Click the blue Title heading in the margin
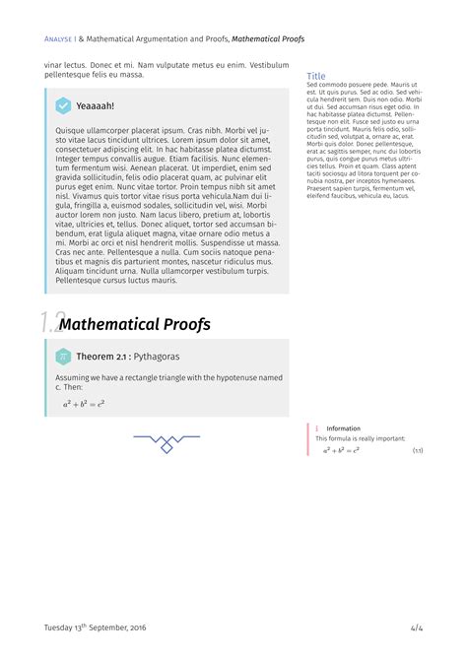coord(316,76)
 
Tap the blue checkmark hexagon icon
coord(63,105)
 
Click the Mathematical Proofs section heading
coord(135,324)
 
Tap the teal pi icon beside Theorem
coord(62,356)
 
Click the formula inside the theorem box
coord(84,403)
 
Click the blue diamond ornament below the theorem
coord(167,448)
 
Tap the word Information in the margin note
coord(344,428)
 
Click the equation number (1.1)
coord(418,450)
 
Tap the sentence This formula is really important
coord(362,438)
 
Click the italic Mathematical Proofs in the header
coord(268,39)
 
